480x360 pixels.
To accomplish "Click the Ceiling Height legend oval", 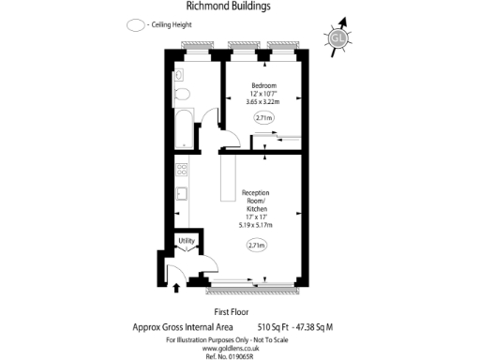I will [137, 25].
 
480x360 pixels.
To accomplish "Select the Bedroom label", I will [263, 86].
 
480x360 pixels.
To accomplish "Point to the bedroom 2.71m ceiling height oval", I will [264, 118].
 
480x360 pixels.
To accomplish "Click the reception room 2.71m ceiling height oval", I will [256, 246].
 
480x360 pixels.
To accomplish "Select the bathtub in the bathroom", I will [184, 130].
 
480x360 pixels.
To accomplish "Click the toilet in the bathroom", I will [184, 93].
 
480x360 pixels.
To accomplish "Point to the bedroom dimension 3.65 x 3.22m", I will [263, 102].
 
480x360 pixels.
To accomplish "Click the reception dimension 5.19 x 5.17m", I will [256, 225].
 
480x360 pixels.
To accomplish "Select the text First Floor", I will [229, 310].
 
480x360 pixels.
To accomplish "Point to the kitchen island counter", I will [227, 178].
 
